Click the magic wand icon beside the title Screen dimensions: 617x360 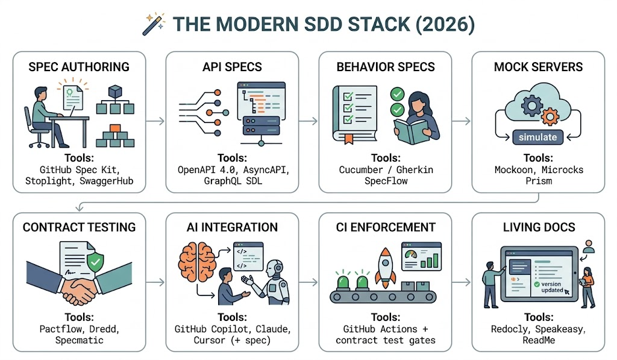(154, 24)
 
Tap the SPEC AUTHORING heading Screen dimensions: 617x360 (79, 67)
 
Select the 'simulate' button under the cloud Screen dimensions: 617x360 (538, 137)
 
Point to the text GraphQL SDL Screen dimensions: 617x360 (233, 181)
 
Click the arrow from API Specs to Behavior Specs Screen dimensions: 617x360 (308, 121)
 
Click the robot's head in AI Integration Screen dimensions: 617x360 (274, 268)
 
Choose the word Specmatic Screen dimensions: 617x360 (79, 340)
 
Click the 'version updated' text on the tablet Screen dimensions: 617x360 (552, 287)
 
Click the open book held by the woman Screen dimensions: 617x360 (412, 132)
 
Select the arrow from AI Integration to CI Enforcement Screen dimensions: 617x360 (308, 282)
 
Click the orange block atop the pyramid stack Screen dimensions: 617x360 (115, 128)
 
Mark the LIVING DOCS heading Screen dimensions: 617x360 (539, 227)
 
